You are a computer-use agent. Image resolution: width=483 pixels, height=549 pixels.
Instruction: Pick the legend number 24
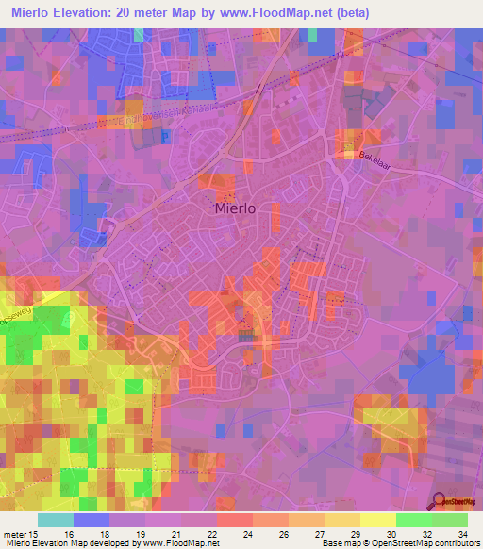click(246, 535)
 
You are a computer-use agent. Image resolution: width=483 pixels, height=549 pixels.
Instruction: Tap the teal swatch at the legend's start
click(56, 520)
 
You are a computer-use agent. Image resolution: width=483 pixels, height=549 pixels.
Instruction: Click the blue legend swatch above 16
click(92, 520)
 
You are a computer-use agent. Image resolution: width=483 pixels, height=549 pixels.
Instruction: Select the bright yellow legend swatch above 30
click(378, 520)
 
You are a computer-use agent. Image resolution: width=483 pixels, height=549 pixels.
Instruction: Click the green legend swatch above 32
click(414, 520)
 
